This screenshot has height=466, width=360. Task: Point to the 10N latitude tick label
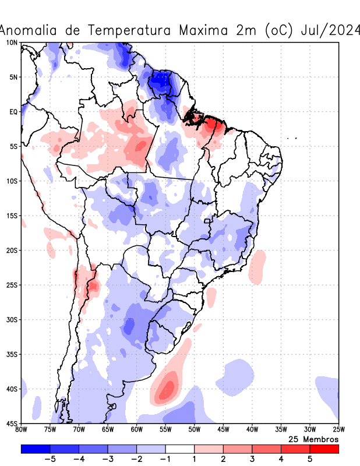pyautogui.click(x=12, y=43)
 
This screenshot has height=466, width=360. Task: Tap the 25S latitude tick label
pyautogui.click(x=12, y=285)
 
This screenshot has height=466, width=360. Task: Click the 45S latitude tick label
pyautogui.click(x=12, y=423)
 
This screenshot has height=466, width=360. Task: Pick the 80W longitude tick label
pyautogui.click(x=22, y=429)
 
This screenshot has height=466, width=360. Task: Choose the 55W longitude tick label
pyautogui.click(x=165, y=429)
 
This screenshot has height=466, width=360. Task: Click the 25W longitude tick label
pyautogui.click(x=338, y=429)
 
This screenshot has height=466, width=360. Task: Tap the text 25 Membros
pyautogui.click(x=313, y=439)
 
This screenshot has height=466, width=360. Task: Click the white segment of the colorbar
pyautogui.click(x=180, y=449)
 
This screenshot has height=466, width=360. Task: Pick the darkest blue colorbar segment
pyautogui.click(x=36, y=449)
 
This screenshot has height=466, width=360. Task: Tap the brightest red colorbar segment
pyautogui.click(x=324, y=449)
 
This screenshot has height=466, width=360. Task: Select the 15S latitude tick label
pyautogui.click(x=12, y=216)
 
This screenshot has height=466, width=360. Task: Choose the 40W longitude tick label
pyautogui.click(x=252, y=429)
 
